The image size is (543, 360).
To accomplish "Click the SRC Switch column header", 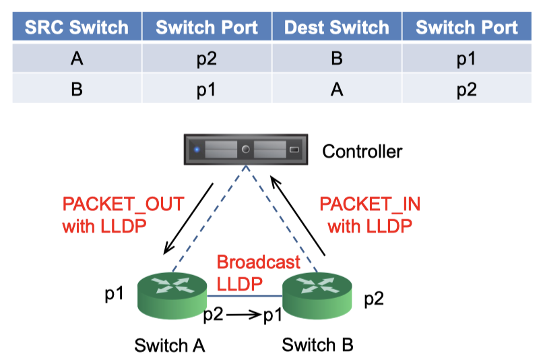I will coord(76,28).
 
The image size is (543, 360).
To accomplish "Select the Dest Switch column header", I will coord(337,28).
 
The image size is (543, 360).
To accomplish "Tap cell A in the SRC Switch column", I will coord(76,59).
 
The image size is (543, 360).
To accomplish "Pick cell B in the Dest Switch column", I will coord(337,59).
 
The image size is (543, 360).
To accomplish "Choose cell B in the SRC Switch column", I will coord(76,89).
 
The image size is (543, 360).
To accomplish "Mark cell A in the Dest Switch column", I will coord(337,89).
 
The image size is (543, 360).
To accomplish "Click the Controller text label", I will coord(362,150).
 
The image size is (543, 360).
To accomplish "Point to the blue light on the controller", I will coord(197,149).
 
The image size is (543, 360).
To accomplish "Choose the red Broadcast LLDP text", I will coord(249,273).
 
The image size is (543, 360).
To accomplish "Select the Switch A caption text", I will coord(169,345).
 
